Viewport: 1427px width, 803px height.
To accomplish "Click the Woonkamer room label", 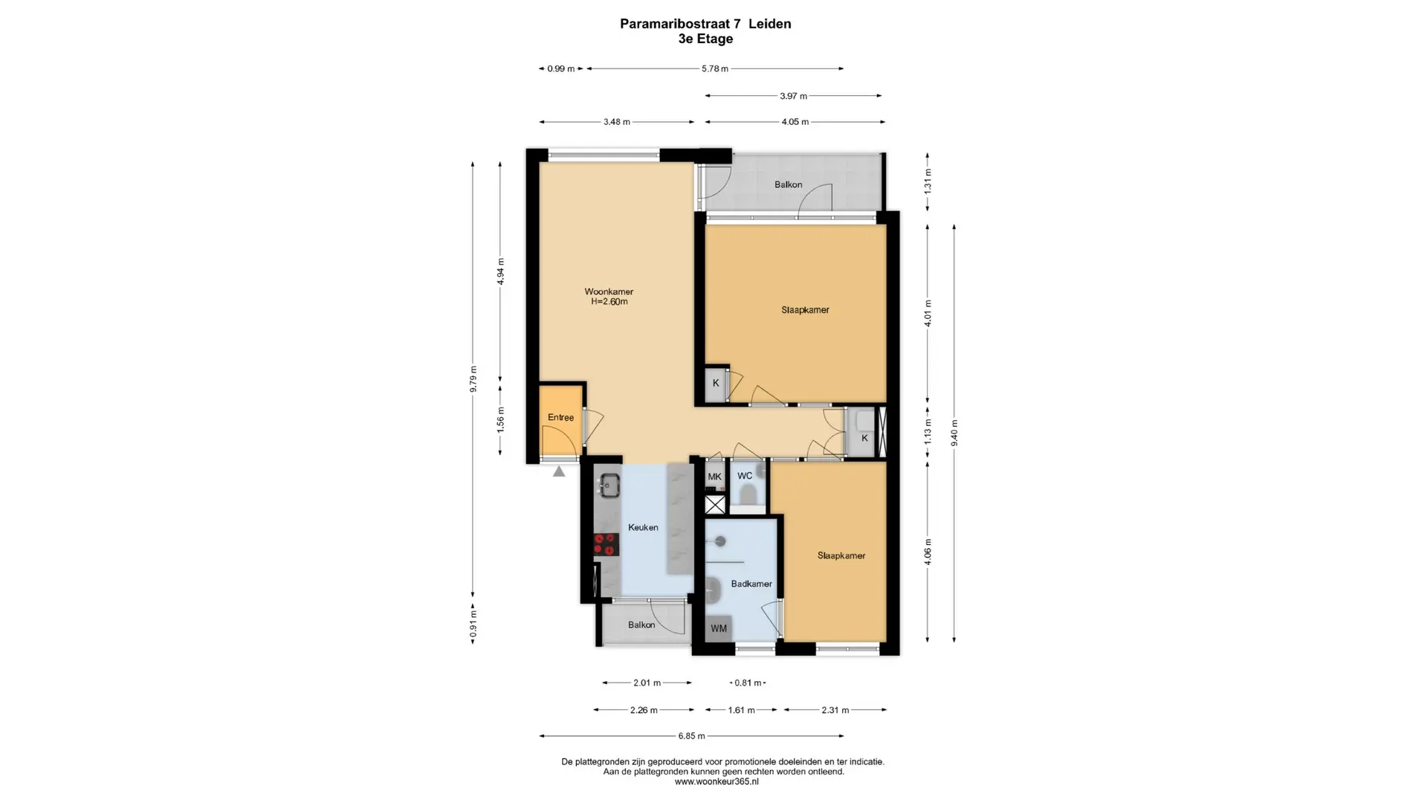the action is coord(609,291).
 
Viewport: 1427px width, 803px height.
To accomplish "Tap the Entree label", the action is coord(560,418).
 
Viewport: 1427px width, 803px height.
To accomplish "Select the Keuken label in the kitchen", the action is coord(643,528).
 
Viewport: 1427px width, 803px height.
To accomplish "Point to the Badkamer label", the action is coord(751,584).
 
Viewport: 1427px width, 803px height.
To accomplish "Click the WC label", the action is coord(745,476).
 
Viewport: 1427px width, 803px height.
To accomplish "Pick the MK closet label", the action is coord(714,477).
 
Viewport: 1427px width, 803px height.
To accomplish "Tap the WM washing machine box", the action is coord(719,628).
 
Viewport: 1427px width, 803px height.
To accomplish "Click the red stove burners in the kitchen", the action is coord(606,544).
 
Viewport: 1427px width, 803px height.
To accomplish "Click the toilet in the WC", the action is coord(748,494).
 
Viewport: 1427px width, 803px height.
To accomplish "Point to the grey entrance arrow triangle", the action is coord(559,471).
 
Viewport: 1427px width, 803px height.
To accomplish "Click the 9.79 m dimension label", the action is coord(473,378).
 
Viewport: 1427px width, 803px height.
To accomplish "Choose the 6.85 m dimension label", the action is coord(691,736).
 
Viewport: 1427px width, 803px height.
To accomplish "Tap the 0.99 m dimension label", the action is coord(561,69).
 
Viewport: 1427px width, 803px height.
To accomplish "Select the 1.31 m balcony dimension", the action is coord(928,181).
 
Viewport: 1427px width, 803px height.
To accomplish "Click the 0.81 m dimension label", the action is coord(748,683).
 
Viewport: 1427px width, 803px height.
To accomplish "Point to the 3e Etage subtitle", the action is coord(705,39).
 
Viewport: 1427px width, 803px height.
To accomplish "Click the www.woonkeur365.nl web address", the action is coord(716,781).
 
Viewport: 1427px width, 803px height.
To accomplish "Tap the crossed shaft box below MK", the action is coord(715,506).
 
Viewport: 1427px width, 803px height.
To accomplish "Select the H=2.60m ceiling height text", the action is coord(609,302).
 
